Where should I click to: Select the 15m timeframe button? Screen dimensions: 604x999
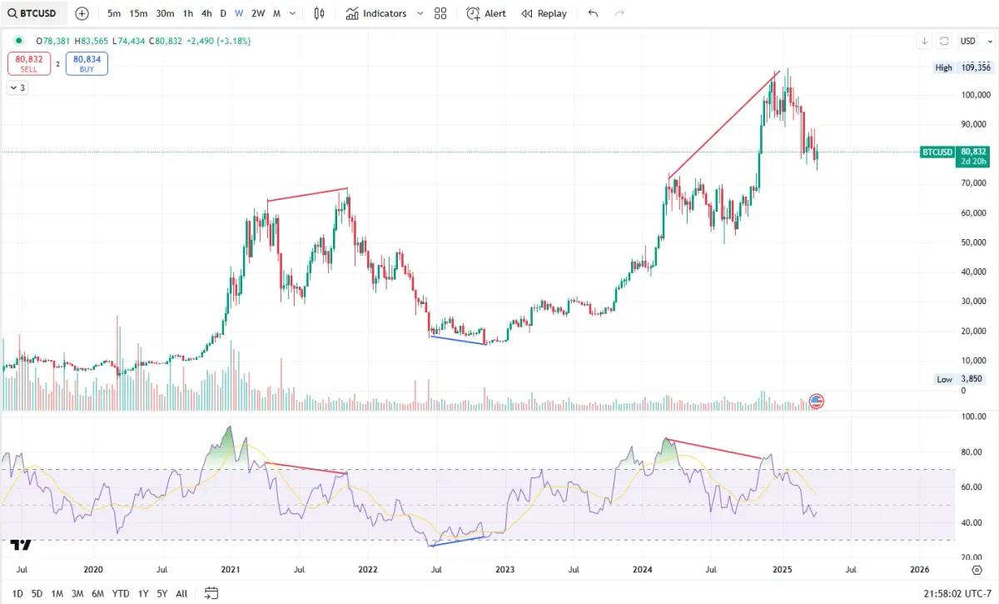(x=138, y=13)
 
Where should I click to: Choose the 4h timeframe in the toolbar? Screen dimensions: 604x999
(x=206, y=13)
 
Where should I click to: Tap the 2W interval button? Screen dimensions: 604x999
(x=258, y=13)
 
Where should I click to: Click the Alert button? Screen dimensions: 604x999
(x=486, y=13)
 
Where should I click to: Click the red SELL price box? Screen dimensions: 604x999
(x=29, y=64)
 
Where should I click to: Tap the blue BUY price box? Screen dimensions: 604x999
(x=87, y=64)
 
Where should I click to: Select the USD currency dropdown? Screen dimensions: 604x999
(x=971, y=41)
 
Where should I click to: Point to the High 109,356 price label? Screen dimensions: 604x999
(x=962, y=67)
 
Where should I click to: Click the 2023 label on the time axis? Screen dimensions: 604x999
(x=504, y=570)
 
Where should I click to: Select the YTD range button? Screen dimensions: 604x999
(x=121, y=594)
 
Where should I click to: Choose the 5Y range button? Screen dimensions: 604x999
(x=162, y=594)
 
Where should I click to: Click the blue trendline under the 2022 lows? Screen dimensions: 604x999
(x=457, y=340)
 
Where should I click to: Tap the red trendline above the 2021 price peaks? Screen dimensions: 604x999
(x=307, y=194)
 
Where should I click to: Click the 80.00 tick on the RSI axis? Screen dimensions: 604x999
(x=973, y=452)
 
